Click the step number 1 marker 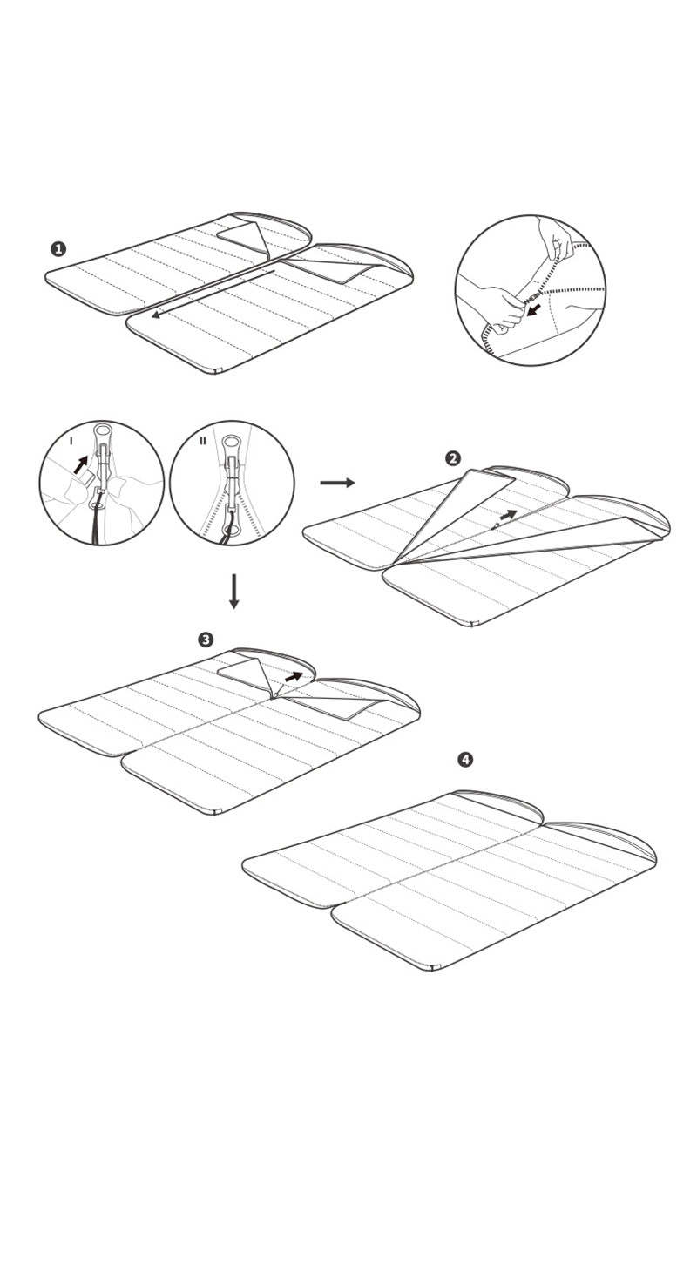(58, 249)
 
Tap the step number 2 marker (452, 458)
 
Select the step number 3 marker (206, 640)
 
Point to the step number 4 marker (465, 760)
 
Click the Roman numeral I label (71, 442)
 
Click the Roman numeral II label (203, 441)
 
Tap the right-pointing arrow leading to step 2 (337, 483)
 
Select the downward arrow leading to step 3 (233, 591)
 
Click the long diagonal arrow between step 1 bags (213, 294)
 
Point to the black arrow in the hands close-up (533, 310)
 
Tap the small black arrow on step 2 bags (507, 515)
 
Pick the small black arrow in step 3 (294, 677)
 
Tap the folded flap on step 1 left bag (243, 235)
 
